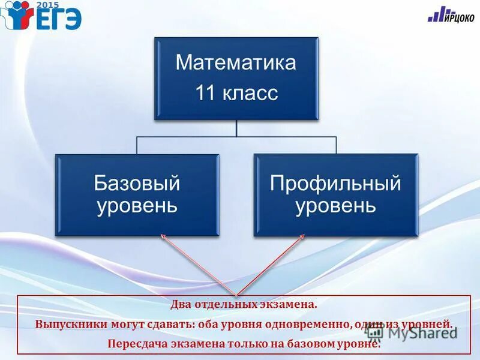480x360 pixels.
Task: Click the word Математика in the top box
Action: click(x=236, y=63)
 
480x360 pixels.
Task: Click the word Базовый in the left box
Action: click(x=137, y=183)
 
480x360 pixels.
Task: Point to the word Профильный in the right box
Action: click(x=335, y=183)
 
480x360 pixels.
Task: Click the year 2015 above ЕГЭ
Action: click(x=47, y=4)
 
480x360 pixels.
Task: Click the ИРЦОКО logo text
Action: click(x=459, y=18)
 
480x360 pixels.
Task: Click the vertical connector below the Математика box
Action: click(x=236, y=128)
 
